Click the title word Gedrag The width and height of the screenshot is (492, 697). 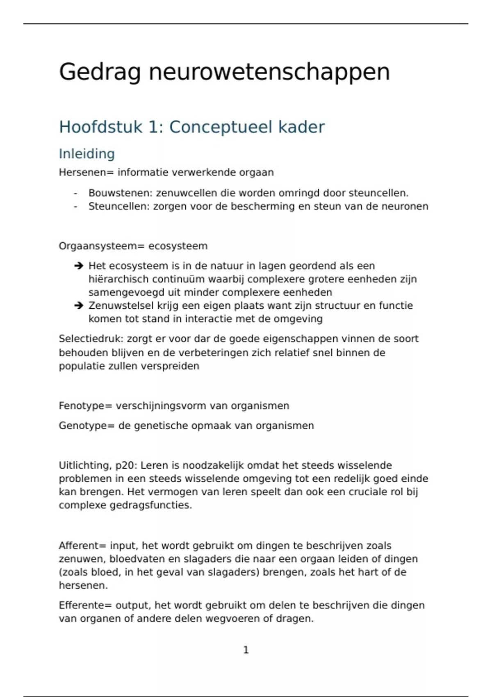[100, 73]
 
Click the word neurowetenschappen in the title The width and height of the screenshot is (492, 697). [269, 73]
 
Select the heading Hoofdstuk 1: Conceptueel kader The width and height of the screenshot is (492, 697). [191, 127]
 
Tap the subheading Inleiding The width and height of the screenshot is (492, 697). [87, 154]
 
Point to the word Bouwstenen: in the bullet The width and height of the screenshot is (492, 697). [121, 193]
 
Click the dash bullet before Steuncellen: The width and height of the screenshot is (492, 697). [75, 206]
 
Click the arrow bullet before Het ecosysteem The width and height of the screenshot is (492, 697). [78, 266]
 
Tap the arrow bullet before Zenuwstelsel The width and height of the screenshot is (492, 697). [78, 305]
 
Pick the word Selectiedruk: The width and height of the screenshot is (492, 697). [91, 339]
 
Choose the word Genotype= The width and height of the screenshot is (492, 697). [87, 426]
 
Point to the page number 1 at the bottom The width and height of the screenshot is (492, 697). [246, 650]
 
